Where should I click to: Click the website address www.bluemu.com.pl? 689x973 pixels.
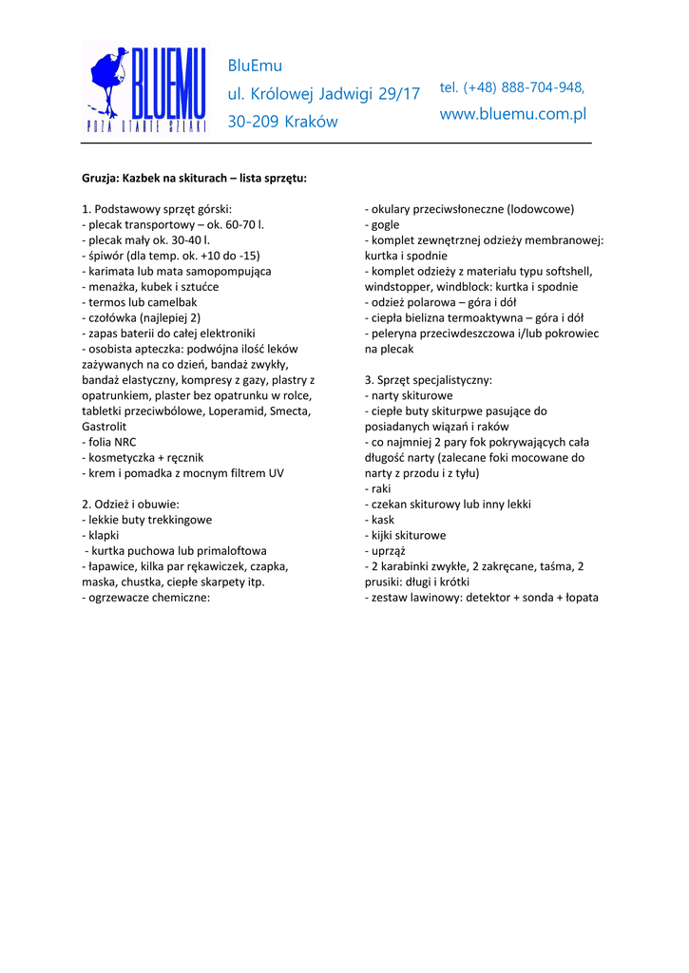[x=513, y=114]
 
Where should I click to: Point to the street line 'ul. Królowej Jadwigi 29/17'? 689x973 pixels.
[x=323, y=94]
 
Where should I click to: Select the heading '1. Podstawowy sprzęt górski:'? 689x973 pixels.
[x=157, y=209]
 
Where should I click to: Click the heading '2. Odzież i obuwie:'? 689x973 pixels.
[x=131, y=504]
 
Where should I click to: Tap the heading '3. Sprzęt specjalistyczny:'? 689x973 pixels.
[x=429, y=380]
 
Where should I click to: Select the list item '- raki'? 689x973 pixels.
[x=378, y=488]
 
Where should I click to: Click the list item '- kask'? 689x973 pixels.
[x=379, y=520]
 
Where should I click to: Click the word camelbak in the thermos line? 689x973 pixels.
[x=171, y=302]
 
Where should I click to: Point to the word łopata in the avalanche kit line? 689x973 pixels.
[x=579, y=598]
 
